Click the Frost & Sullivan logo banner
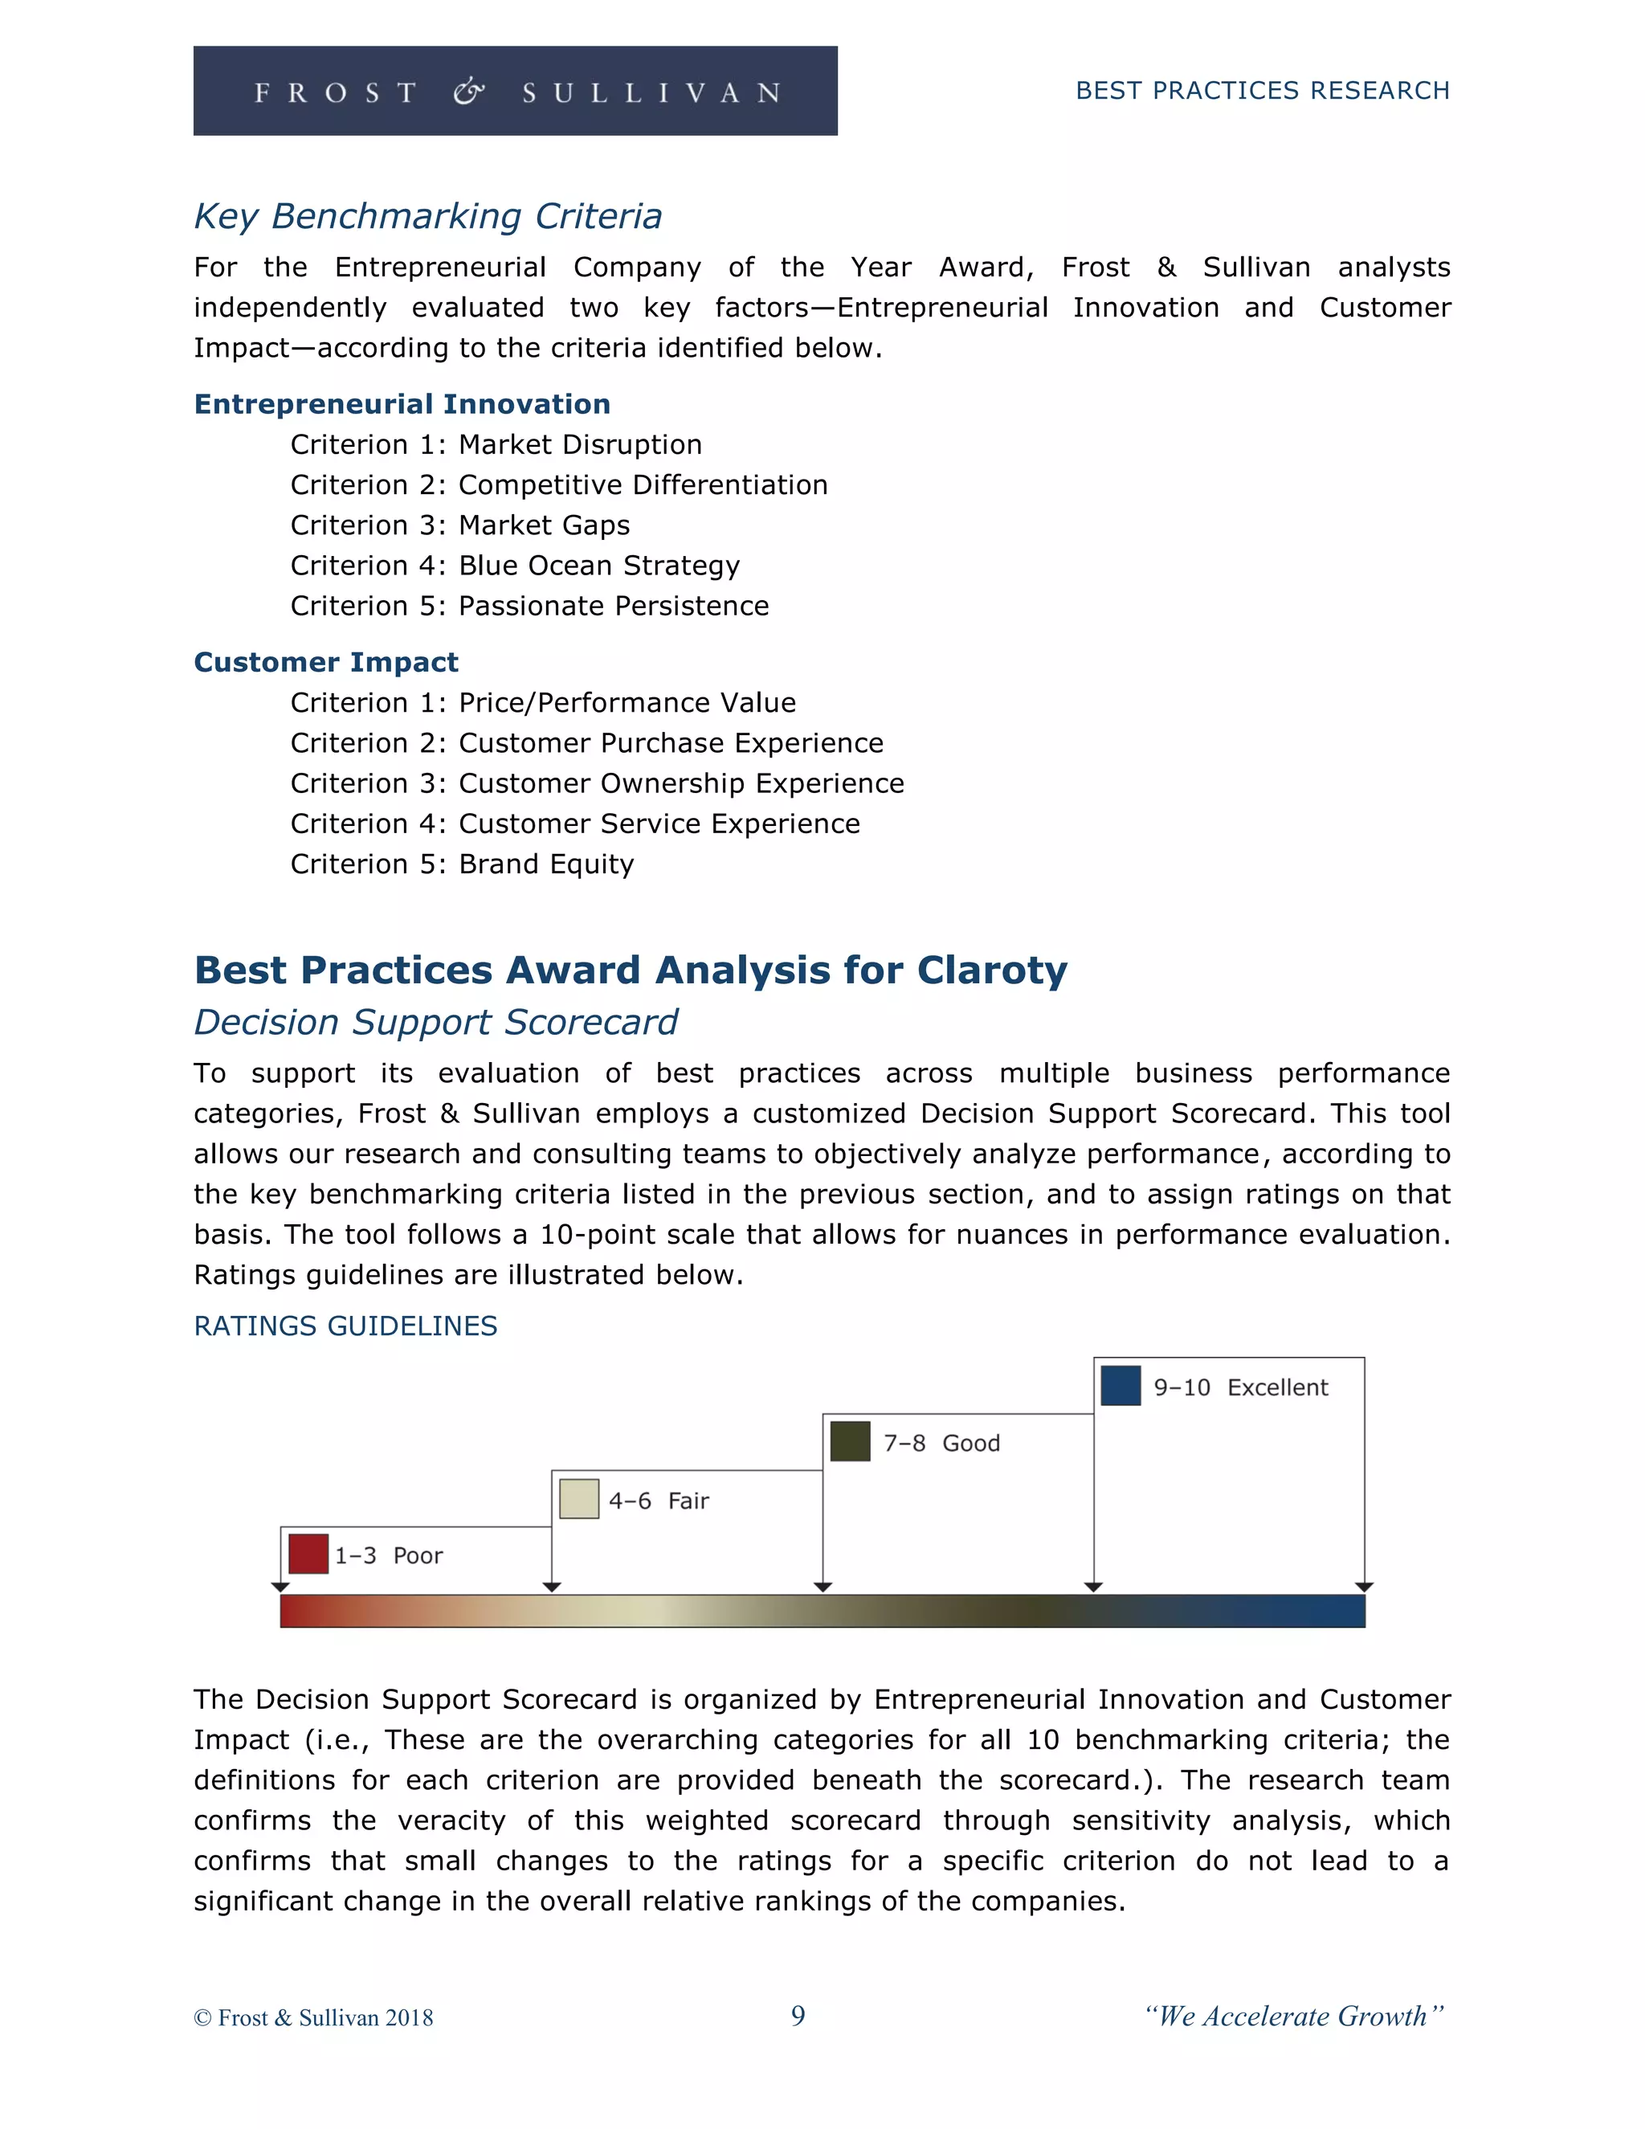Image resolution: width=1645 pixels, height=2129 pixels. tap(515, 91)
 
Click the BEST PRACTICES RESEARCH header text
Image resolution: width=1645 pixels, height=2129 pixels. tap(1262, 91)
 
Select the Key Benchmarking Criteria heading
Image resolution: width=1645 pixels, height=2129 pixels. tap(428, 216)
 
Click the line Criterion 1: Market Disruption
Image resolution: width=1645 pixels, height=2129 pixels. tap(496, 444)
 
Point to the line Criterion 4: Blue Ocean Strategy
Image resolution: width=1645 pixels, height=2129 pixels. tap(515, 566)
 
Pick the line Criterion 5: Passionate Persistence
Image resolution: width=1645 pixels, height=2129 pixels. tap(529, 606)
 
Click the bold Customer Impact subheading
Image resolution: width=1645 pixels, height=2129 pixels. tap(325, 662)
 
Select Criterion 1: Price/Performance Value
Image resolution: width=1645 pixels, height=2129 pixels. tap(543, 703)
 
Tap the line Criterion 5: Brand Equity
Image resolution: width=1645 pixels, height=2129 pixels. tap(462, 864)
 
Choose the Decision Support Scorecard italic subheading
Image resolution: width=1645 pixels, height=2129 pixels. tap(435, 1022)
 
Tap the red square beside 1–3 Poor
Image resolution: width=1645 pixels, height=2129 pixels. tap(308, 1554)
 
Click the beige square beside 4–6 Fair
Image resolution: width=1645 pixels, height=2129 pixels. tap(579, 1499)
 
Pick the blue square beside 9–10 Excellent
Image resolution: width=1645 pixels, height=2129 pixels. tap(1120, 1385)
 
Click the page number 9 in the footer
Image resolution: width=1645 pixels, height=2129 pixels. tap(797, 2016)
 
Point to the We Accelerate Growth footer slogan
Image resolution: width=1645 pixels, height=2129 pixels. tap(1294, 2016)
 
